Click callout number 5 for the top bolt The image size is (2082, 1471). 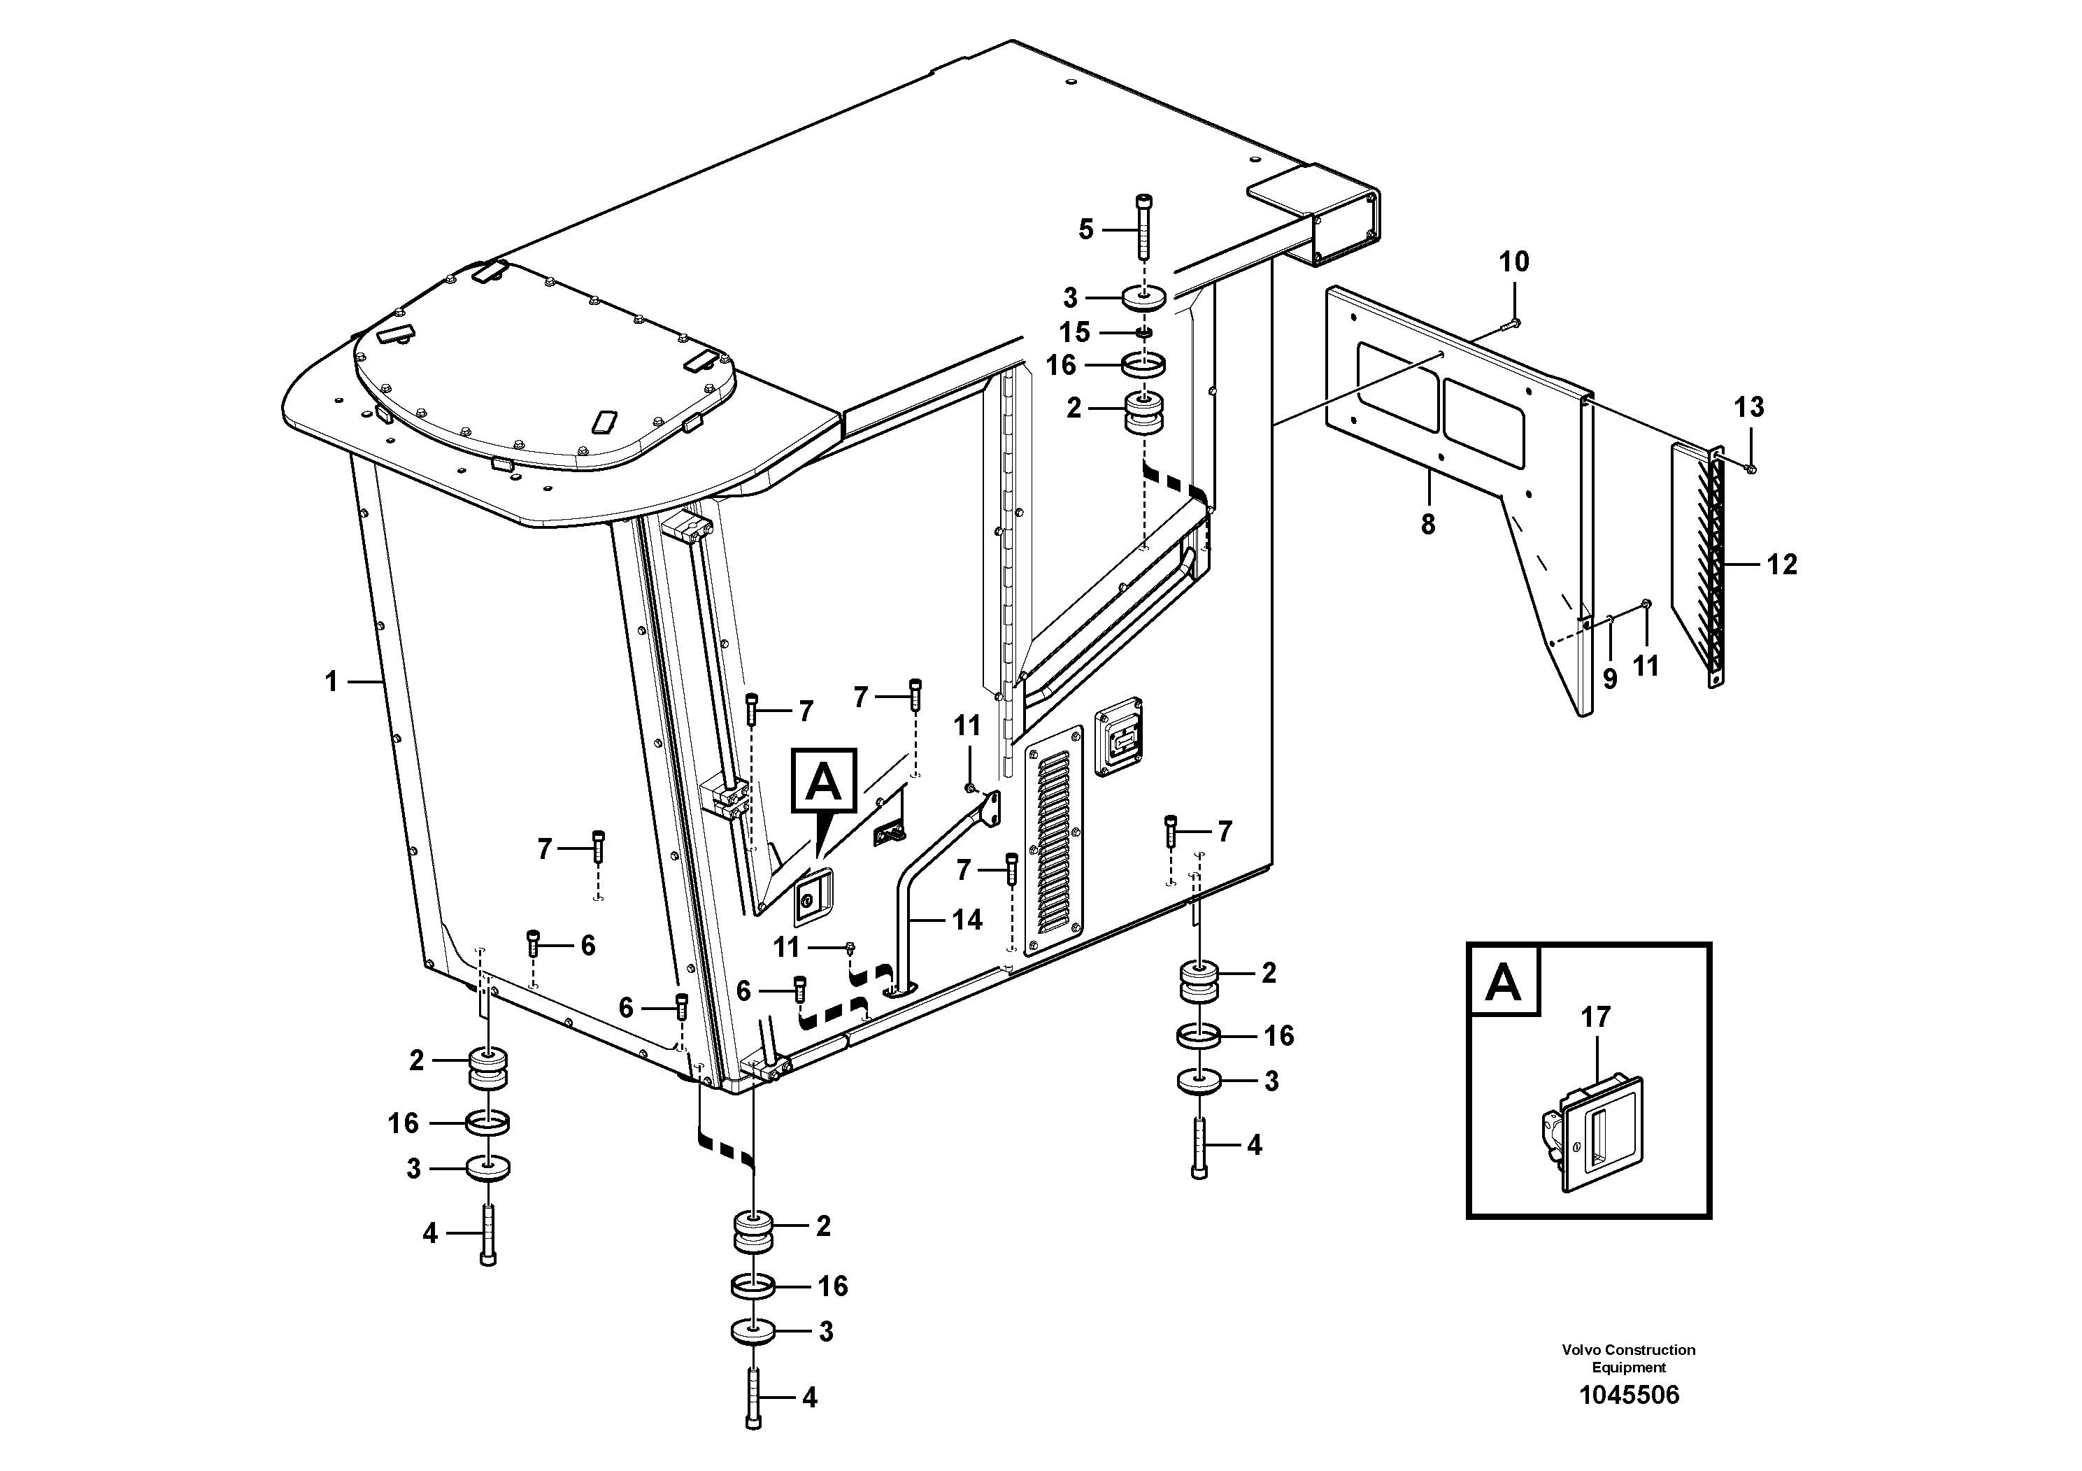[1085, 229]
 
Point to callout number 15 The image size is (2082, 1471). [1074, 332]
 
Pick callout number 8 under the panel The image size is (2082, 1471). [1428, 524]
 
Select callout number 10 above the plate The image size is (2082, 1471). [1513, 262]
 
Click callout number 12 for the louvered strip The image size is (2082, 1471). [1781, 565]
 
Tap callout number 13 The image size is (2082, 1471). [1749, 407]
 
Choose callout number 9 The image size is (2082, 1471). [1609, 678]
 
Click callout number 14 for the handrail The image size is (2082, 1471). [967, 920]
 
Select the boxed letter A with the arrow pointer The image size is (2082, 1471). [823, 780]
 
